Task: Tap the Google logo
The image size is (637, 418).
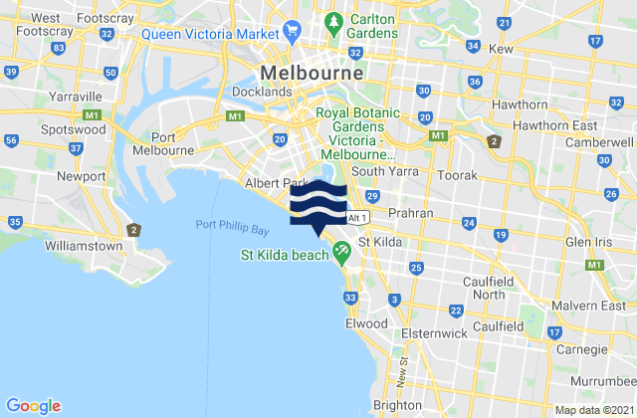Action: [x=33, y=405]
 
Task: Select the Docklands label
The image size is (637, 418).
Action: [x=263, y=92]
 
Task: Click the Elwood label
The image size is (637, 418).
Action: [x=367, y=323]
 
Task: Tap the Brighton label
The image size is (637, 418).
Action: [x=396, y=405]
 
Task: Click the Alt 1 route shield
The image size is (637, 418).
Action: [x=359, y=217]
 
